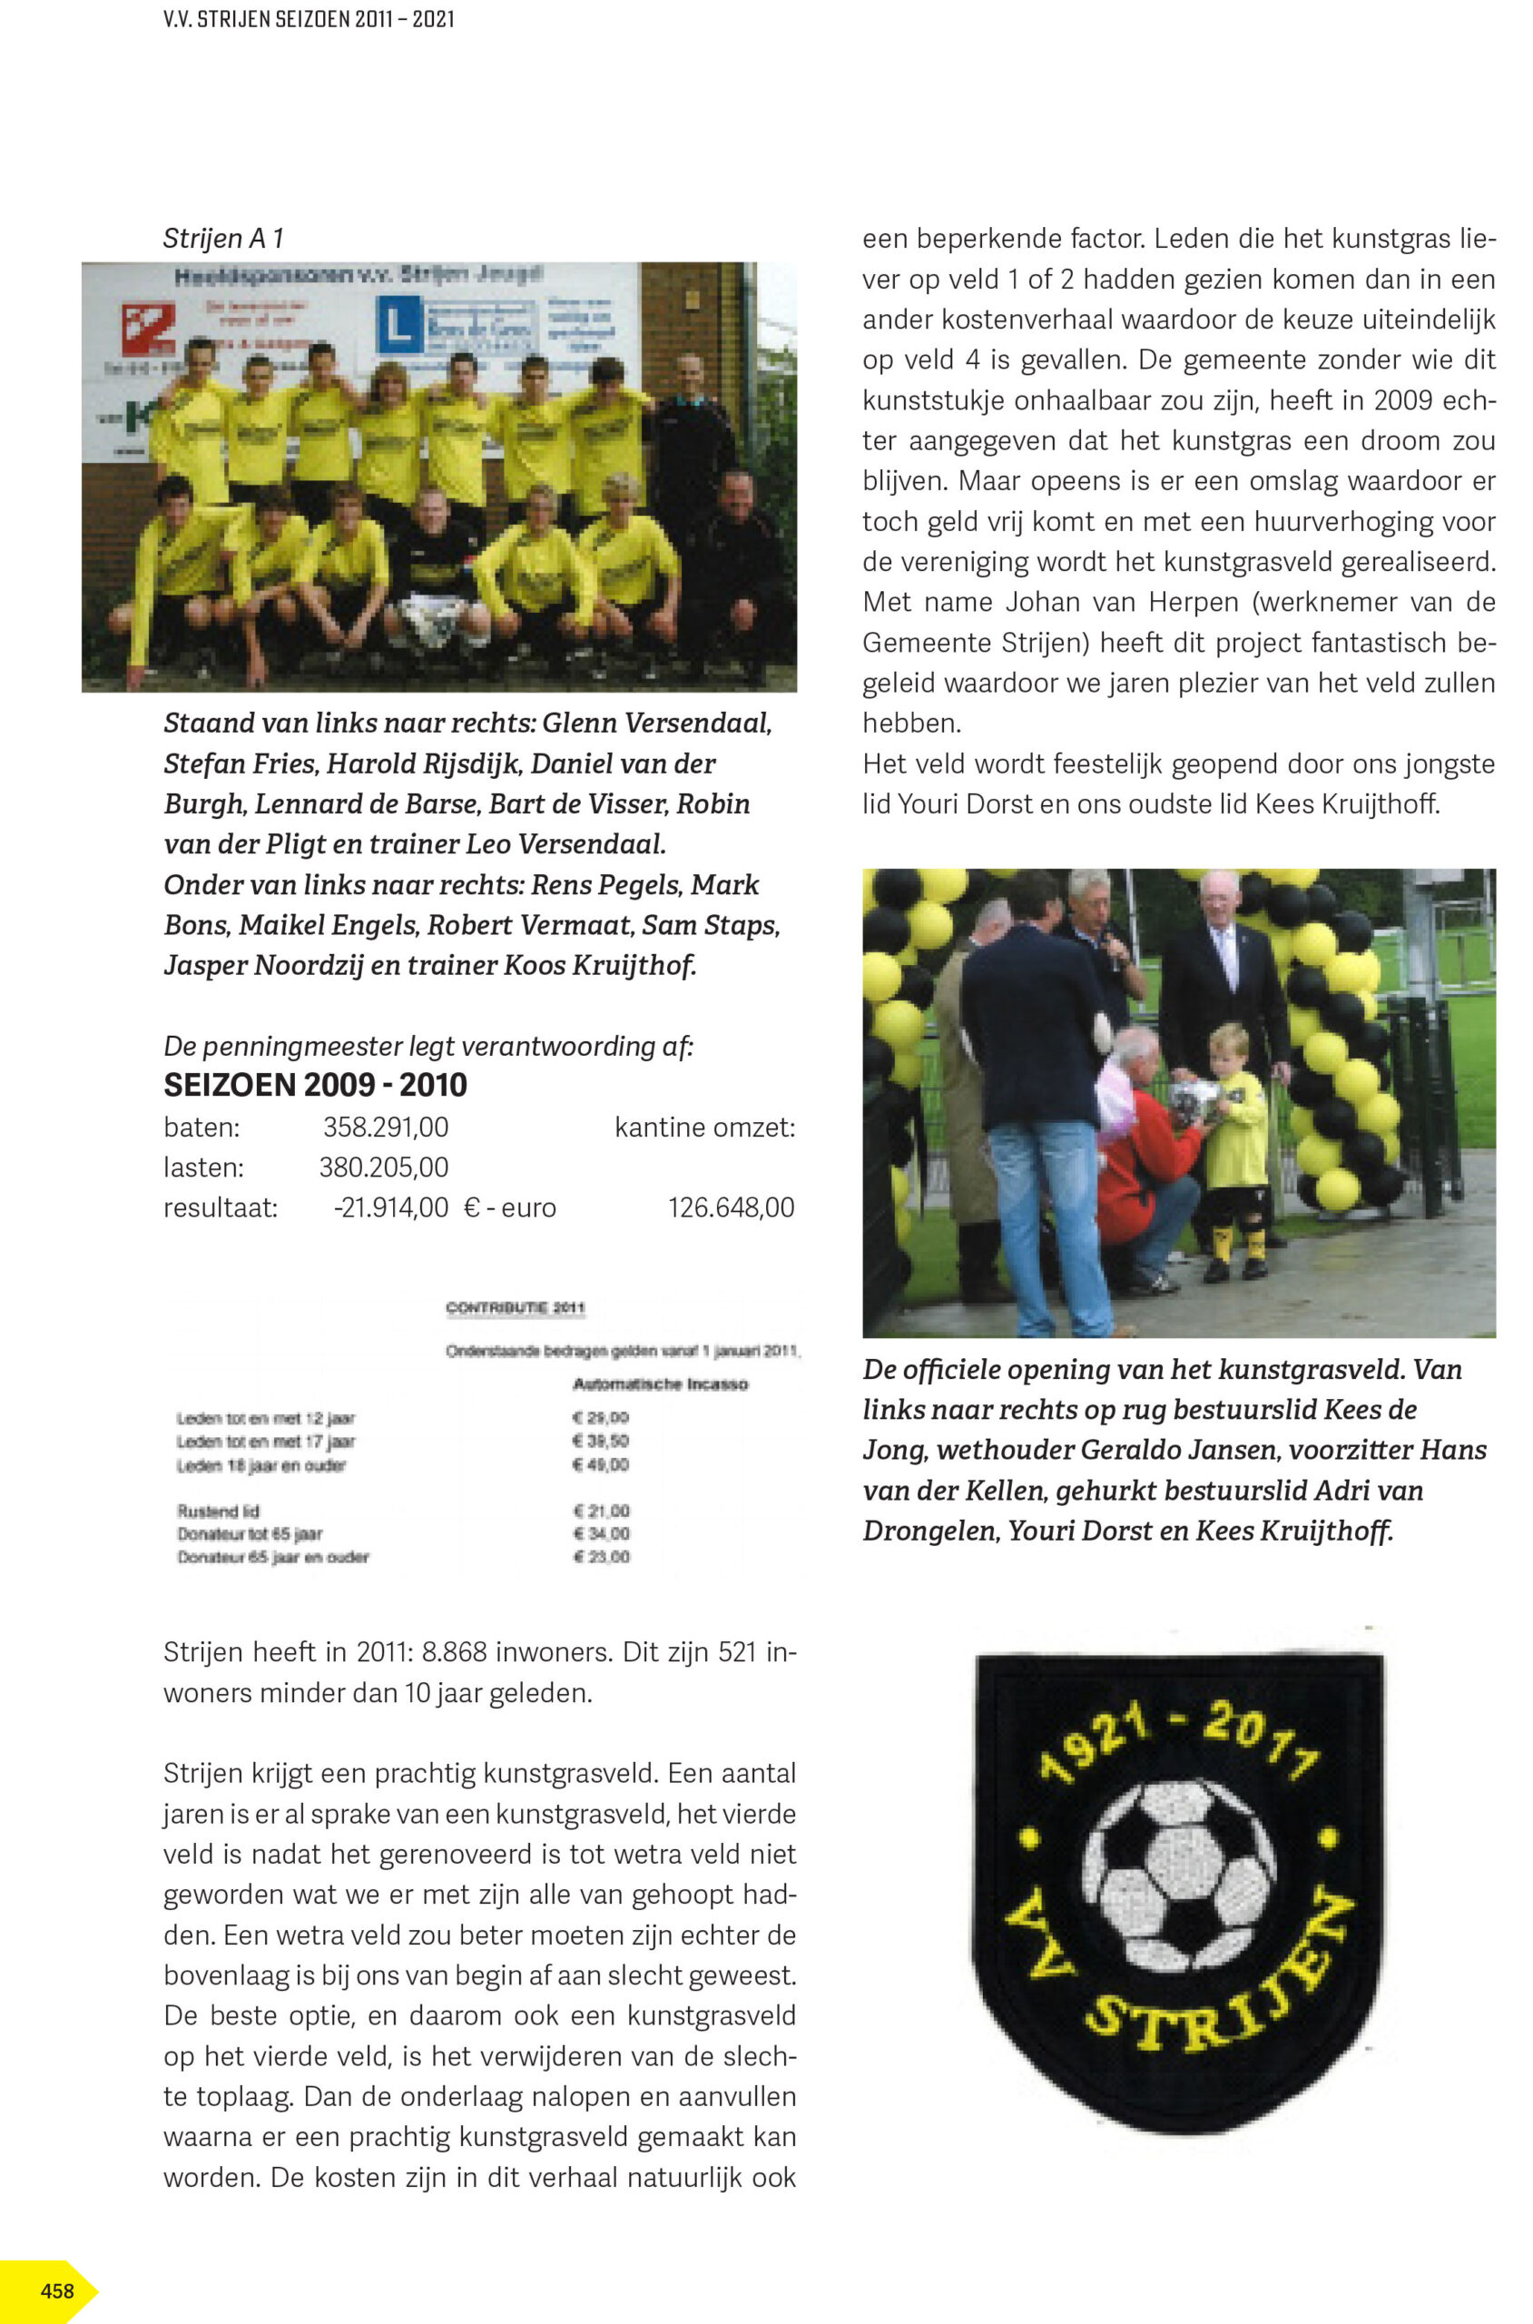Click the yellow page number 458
56,2290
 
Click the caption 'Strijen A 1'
223,239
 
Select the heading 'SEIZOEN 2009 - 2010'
315,1084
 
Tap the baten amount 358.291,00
385,1128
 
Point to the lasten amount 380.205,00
383,1167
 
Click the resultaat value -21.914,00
390,1207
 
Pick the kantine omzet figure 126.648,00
731,1207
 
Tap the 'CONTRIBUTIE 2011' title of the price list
515,1307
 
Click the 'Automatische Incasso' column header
660,1384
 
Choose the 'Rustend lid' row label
218,1511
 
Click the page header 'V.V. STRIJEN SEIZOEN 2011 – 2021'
308,18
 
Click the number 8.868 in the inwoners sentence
454,1652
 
